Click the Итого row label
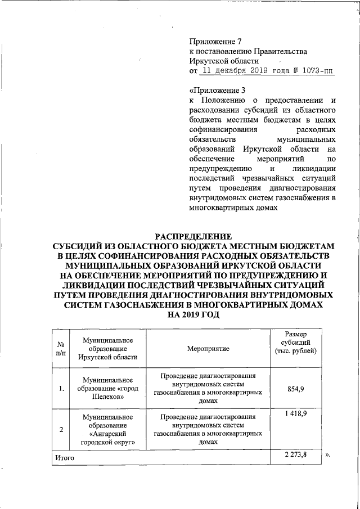(65, 458)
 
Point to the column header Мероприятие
(208, 349)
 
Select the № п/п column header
(60, 349)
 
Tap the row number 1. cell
(60, 388)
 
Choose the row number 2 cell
(60, 430)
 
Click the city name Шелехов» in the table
(107, 397)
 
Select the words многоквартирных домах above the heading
(234, 208)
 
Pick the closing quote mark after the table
(327, 456)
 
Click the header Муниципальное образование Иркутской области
(107, 349)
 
